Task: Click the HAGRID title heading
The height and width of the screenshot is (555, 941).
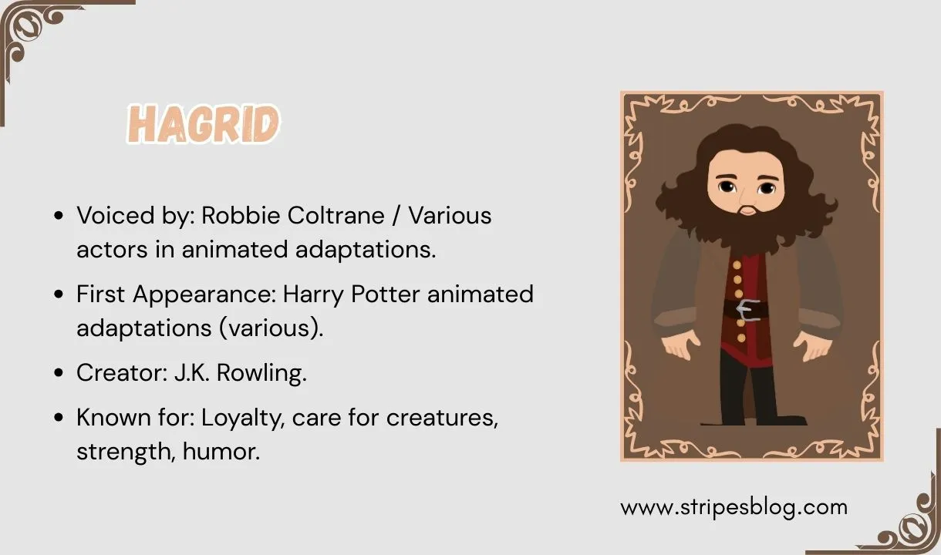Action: [x=204, y=124]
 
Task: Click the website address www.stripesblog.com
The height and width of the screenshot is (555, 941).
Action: [x=734, y=507]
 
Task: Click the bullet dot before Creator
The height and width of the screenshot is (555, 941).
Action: [x=59, y=374]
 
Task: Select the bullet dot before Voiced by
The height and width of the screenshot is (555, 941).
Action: [x=59, y=216]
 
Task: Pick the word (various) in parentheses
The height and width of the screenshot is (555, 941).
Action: [x=271, y=328]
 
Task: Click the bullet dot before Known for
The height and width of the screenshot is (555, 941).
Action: [x=59, y=419]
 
